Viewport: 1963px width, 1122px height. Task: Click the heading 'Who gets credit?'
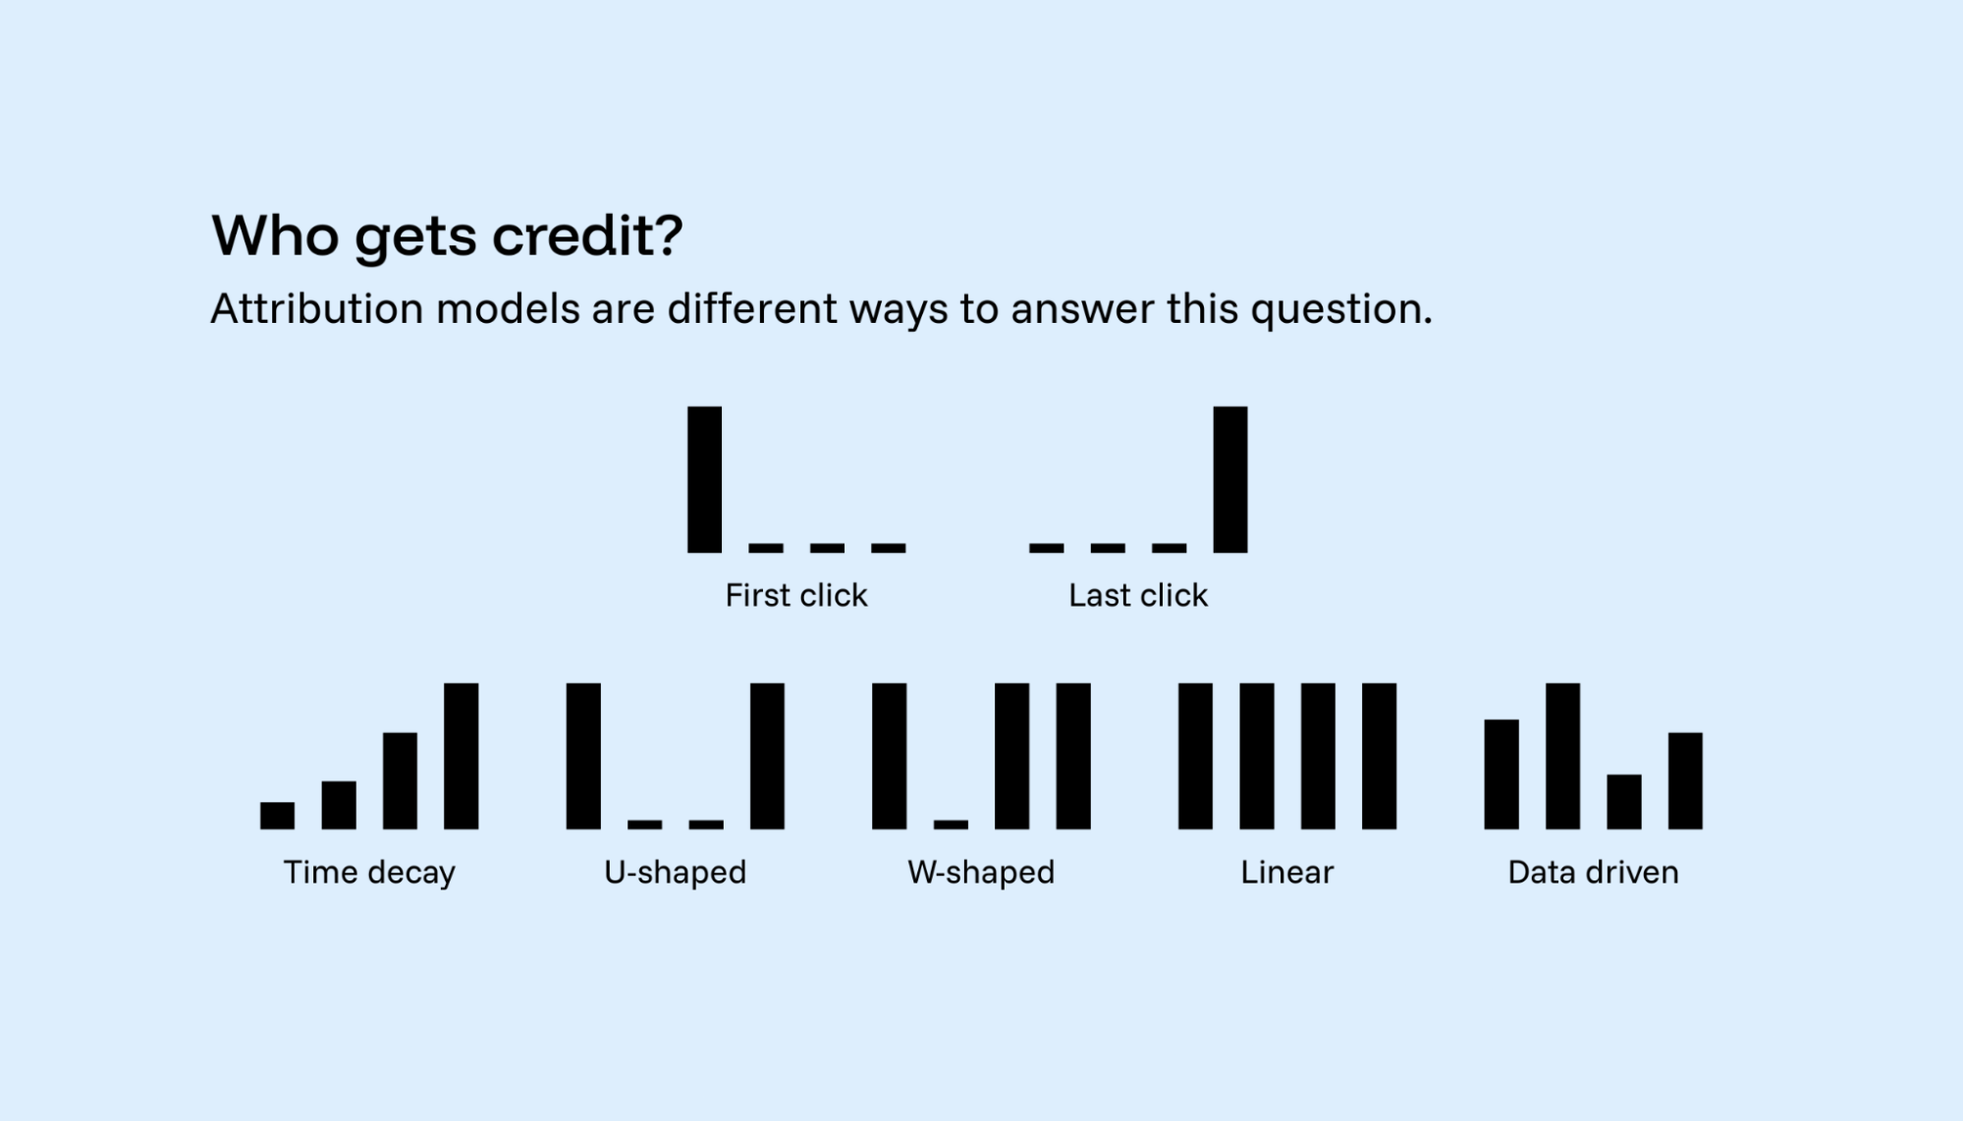tap(447, 237)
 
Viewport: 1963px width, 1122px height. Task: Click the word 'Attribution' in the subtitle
tap(315, 309)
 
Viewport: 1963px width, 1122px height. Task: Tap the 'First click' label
tap(796, 595)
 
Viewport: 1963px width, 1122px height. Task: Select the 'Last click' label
tap(1138, 595)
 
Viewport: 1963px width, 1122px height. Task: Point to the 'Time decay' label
tap(369, 872)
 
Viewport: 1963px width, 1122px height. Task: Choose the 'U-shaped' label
tap(676, 872)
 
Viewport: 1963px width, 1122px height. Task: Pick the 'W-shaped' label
tap(981, 872)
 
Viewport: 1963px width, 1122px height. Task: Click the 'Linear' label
tap(1286, 872)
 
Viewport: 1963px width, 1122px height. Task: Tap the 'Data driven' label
tap(1593, 872)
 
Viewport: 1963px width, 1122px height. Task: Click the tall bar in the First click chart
tap(704, 479)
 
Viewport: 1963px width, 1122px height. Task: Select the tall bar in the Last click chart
tap(1230, 479)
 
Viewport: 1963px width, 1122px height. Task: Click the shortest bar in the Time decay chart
tap(277, 816)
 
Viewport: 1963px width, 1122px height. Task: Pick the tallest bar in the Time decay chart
tap(462, 756)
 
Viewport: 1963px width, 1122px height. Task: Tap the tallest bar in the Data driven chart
tap(1562, 756)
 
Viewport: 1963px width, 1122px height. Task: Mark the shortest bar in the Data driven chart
tap(1624, 802)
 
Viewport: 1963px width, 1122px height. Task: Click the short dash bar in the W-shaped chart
tap(951, 825)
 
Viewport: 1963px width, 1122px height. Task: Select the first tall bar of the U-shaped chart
tap(583, 756)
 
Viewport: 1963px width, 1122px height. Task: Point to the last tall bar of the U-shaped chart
tap(767, 756)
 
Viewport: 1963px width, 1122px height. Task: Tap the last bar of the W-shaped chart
tap(1073, 756)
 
